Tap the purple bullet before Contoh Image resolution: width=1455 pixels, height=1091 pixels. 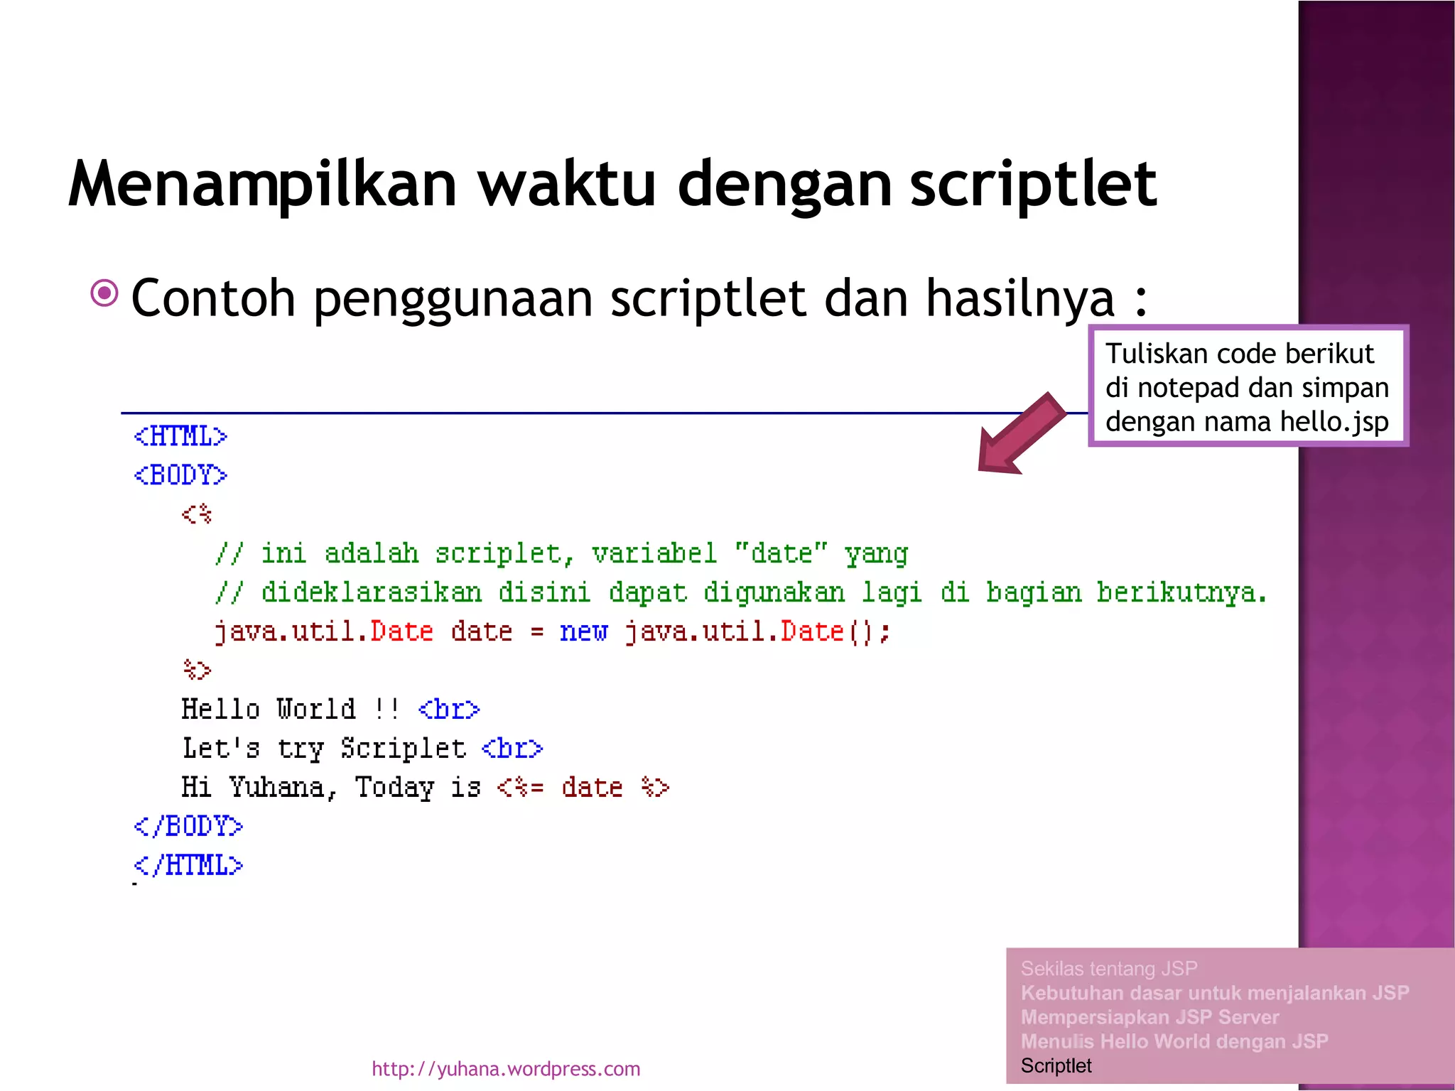point(104,293)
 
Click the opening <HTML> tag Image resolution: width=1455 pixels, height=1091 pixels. point(180,436)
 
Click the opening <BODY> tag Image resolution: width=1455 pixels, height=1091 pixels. point(180,475)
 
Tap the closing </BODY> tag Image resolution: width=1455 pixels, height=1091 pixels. point(188,826)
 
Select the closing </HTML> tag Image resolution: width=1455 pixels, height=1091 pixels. point(188,865)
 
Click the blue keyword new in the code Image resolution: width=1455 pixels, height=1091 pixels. point(583,631)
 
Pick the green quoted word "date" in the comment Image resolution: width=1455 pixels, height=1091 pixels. point(781,553)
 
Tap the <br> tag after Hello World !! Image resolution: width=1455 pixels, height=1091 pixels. point(449,710)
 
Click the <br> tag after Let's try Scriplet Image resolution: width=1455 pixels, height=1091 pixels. point(512,749)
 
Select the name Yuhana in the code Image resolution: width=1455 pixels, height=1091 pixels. point(276,787)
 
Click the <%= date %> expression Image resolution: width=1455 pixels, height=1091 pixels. point(583,788)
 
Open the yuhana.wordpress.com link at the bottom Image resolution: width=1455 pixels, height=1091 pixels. point(506,1069)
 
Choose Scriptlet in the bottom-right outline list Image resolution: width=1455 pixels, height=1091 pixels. point(1056,1065)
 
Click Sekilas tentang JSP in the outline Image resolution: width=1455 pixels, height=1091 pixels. point(1108,969)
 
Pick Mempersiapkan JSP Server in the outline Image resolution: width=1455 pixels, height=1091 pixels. point(1150,1017)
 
